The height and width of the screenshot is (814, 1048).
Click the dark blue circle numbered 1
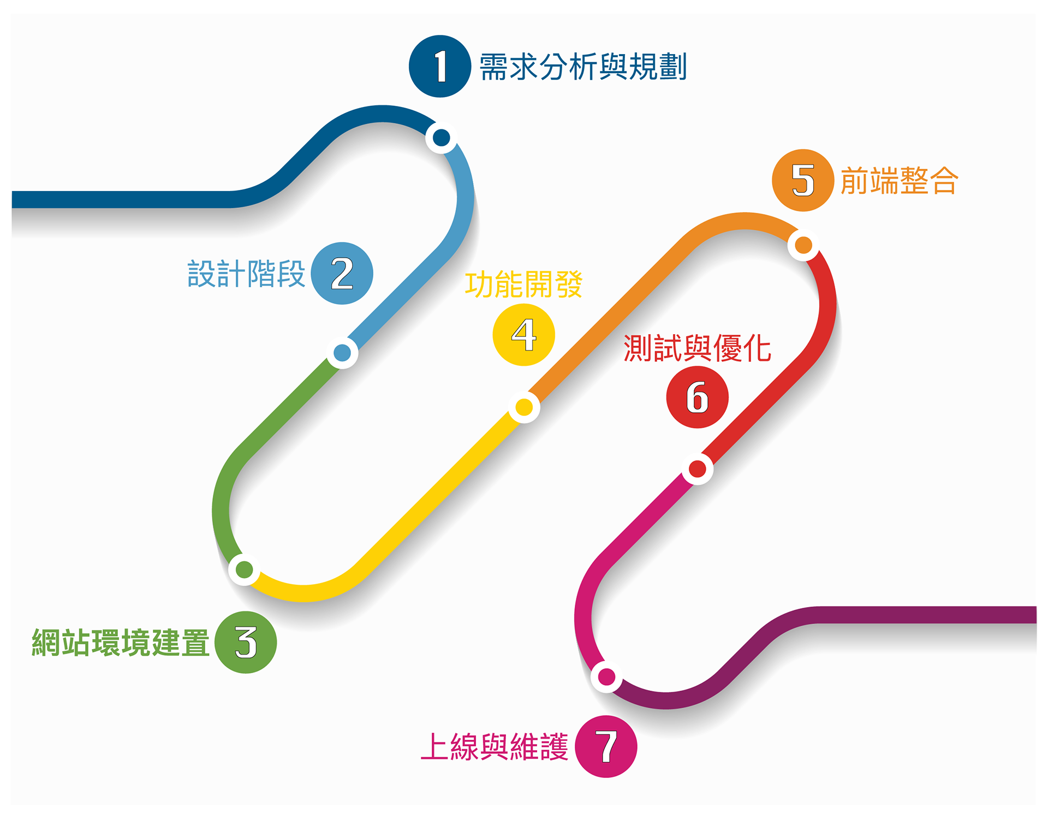click(x=440, y=67)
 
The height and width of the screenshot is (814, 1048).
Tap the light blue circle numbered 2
click(x=342, y=273)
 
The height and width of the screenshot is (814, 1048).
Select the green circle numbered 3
click(x=246, y=642)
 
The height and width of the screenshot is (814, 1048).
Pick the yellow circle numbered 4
click(x=523, y=335)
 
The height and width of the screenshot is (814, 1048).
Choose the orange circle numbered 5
click(x=803, y=180)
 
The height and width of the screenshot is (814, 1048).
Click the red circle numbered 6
click(x=697, y=397)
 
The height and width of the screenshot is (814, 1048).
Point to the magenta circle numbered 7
click(x=606, y=746)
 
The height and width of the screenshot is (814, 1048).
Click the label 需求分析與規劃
click(x=582, y=67)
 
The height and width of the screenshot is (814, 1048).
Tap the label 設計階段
click(x=246, y=274)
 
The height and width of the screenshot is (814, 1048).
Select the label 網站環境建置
click(x=121, y=643)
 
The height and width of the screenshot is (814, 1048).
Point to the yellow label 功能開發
click(x=523, y=284)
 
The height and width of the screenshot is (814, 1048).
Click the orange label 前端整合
click(x=899, y=181)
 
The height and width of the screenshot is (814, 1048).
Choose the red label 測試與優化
click(x=697, y=348)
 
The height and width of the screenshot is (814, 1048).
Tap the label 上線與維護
click(x=495, y=747)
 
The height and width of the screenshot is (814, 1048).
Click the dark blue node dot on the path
click(x=441, y=138)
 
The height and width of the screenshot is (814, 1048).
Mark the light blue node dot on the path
click(x=342, y=353)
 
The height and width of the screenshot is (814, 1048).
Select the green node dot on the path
click(x=244, y=569)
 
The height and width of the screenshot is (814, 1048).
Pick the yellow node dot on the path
click(x=524, y=407)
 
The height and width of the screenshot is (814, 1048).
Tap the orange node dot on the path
click(x=803, y=245)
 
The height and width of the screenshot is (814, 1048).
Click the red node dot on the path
click(x=697, y=469)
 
